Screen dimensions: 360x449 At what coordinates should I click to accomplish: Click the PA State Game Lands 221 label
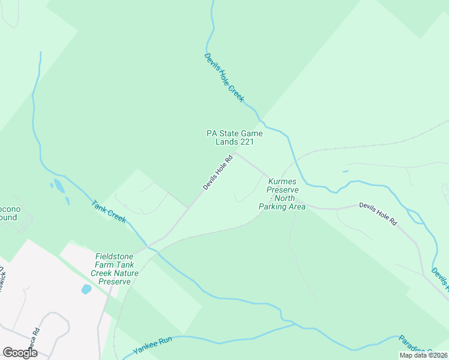coord(235,137)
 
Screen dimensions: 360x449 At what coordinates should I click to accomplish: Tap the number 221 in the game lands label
coord(247,142)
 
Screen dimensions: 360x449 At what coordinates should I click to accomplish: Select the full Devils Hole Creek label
coord(224,77)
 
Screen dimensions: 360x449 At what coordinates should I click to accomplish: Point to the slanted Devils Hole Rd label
coord(217,173)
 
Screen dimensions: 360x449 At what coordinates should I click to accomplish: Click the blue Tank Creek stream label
coord(109,211)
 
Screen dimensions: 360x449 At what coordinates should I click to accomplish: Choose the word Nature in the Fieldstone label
coord(127,273)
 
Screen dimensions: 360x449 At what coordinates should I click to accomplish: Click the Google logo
coord(20,353)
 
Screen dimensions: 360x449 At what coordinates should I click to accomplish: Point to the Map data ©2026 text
coord(424,355)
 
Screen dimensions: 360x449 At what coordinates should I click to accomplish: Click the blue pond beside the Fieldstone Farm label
coord(86,289)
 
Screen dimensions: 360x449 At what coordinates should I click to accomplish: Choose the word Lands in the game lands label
coord(227,142)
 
